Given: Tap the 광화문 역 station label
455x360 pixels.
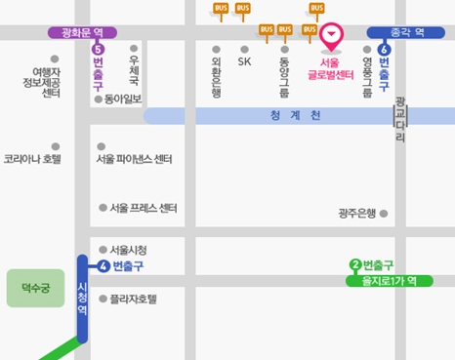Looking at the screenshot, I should [x=82, y=32].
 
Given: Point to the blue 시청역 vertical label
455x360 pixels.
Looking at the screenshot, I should [x=83, y=298].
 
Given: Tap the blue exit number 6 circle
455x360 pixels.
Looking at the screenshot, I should [x=384, y=48].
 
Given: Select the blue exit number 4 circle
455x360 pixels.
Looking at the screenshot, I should [x=103, y=265].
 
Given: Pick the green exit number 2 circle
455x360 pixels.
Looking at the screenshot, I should [x=355, y=265].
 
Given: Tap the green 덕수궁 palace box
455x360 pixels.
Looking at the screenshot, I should [x=35, y=288].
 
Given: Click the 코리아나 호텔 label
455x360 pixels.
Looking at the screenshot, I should [x=32, y=158].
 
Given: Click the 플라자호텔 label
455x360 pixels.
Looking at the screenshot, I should [x=133, y=299].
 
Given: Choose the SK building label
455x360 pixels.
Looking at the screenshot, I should [x=244, y=61].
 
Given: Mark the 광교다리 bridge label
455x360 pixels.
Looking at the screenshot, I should [x=399, y=119].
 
